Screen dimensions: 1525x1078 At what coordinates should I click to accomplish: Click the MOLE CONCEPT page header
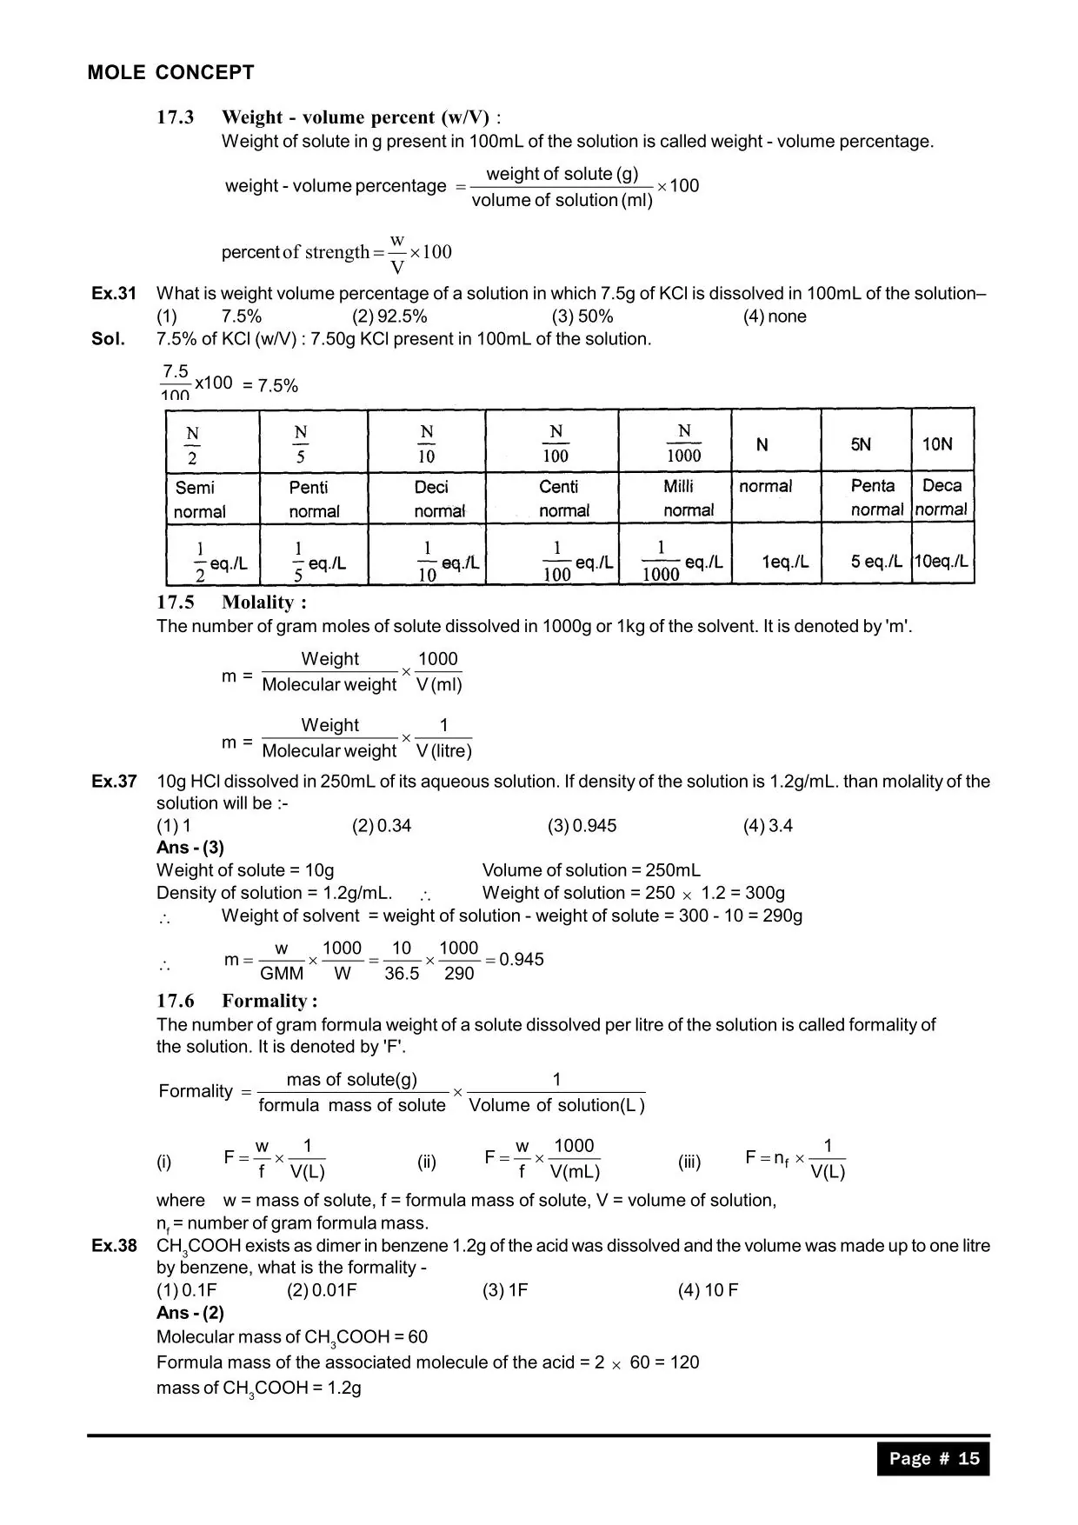[170, 73]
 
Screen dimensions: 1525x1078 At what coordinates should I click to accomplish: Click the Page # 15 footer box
[934, 1459]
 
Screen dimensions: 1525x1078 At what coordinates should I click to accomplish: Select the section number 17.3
[176, 117]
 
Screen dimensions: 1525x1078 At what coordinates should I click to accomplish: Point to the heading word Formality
[269, 1001]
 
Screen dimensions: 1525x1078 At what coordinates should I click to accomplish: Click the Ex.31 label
[114, 294]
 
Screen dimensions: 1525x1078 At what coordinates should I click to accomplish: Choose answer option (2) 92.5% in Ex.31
[389, 316]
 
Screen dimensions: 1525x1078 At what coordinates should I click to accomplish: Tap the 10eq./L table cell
[942, 562]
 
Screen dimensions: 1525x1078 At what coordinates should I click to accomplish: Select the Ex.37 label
[114, 782]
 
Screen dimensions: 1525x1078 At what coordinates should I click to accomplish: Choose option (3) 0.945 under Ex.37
[582, 826]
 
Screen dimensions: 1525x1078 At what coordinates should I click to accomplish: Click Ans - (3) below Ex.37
[190, 848]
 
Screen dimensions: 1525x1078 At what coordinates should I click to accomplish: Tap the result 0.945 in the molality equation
[522, 960]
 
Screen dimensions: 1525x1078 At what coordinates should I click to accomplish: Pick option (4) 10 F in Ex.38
[708, 1290]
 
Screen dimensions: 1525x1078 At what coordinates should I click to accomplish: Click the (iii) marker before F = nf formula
[689, 1162]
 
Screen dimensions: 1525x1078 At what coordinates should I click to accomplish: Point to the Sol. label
[109, 339]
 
